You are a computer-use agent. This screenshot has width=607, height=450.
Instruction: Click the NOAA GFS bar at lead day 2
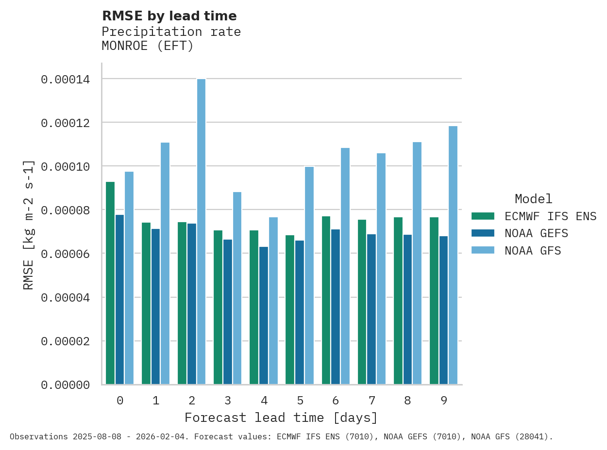(x=201, y=232)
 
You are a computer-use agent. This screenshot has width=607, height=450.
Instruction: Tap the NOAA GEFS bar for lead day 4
(x=264, y=316)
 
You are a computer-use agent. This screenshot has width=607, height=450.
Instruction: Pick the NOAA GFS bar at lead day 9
(x=453, y=255)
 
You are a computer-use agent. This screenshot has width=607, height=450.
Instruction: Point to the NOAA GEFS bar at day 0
(x=119, y=300)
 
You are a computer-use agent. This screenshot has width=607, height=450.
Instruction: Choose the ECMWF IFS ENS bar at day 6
(x=326, y=300)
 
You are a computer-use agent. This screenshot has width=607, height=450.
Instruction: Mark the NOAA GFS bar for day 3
(x=237, y=288)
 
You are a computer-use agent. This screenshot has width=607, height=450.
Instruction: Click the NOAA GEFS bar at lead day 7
(x=371, y=309)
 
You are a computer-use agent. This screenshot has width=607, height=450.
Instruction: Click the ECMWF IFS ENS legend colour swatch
(x=482, y=216)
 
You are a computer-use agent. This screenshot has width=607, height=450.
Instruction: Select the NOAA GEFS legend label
(x=536, y=233)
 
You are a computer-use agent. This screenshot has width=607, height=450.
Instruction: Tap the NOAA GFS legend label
(x=533, y=251)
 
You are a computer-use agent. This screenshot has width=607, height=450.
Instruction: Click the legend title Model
(x=533, y=199)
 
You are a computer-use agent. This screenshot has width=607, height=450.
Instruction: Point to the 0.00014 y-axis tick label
(x=65, y=79)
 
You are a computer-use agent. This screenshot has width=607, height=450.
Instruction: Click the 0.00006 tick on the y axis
(x=65, y=254)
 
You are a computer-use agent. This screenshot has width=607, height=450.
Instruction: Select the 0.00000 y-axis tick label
(x=65, y=385)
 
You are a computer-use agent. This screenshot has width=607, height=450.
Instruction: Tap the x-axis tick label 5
(x=300, y=401)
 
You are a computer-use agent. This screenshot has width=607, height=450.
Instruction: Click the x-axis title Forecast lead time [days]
(x=281, y=418)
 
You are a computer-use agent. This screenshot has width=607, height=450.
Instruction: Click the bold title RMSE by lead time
(x=169, y=16)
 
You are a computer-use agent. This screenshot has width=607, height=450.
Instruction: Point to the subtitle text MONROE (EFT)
(x=147, y=46)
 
